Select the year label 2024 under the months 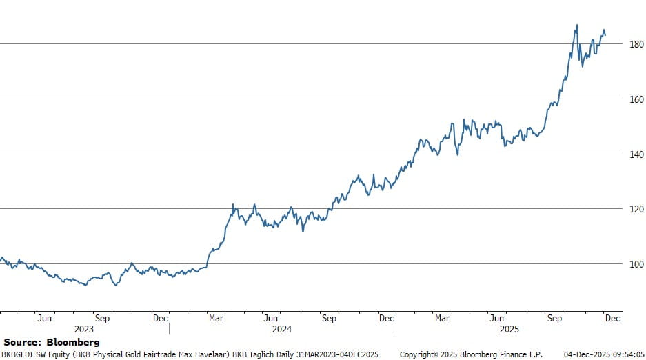pos(282,330)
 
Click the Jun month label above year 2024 pos(271,319)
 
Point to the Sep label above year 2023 pos(102,319)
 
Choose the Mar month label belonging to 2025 pos(442,319)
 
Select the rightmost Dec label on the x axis pos(612,319)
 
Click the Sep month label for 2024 pos(329,319)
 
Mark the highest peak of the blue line pos(576,26)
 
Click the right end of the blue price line pos(605,34)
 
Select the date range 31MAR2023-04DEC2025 pos(337,354)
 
